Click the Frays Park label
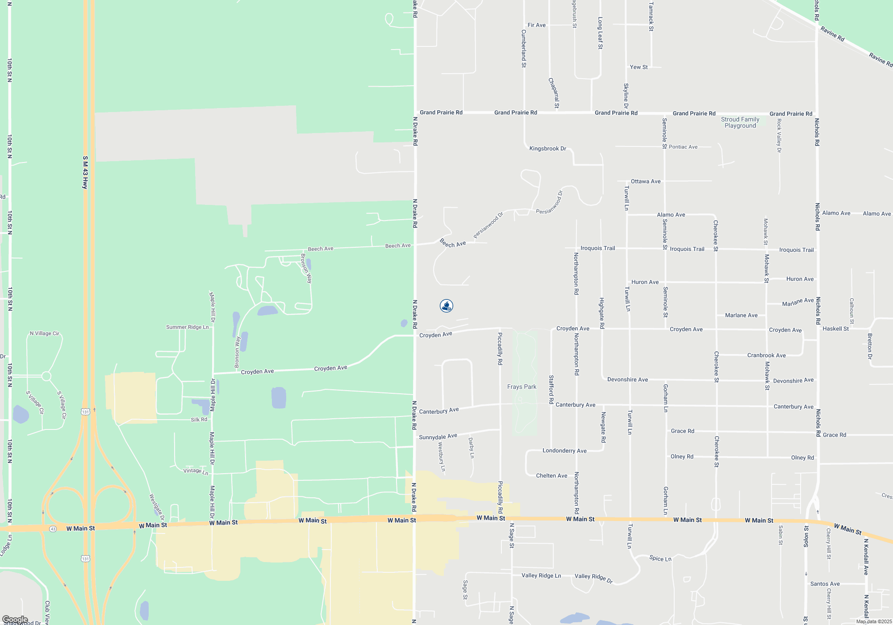522,387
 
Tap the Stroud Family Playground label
740,122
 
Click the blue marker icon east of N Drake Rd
446,306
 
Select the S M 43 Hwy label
85,172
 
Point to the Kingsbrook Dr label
547,149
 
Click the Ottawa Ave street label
645,181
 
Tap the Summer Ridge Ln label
187,327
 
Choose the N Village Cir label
44,333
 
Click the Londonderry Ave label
564,451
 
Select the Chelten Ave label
551,476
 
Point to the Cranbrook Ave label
766,355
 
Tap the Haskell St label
835,329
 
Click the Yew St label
638,67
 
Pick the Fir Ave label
536,25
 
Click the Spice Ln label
660,558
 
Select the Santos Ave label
825,584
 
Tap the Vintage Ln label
196,471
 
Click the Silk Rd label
199,420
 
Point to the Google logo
15,620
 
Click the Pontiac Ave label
683,147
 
